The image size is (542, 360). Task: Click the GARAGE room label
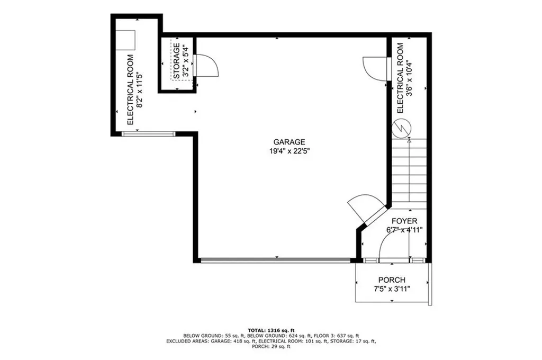coord(289,142)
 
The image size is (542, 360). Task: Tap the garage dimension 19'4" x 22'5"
coord(289,151)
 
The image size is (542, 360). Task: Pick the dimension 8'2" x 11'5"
coord(139,89)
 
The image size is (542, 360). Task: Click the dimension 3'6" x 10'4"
coord(409,78)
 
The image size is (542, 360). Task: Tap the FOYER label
coord(404,221)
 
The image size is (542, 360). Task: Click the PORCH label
coord(392,280)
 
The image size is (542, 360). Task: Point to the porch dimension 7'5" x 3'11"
coord(392,289)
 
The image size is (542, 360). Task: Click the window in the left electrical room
coord(148,133)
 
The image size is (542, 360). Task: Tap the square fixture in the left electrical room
coord(127,40)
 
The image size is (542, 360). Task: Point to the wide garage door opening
coord(275,260)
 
